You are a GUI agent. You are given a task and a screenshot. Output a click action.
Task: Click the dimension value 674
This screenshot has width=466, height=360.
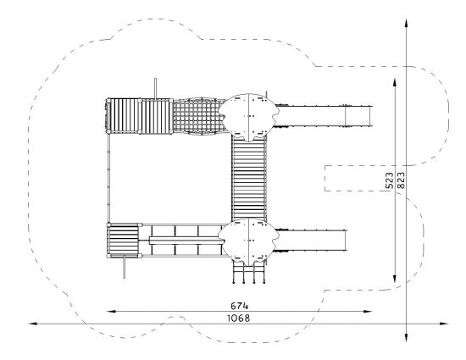tap(239, 305)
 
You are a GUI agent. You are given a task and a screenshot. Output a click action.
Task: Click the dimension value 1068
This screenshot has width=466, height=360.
tap(239, 318)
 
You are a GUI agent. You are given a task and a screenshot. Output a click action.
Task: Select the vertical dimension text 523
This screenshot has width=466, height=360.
tap(390, 180)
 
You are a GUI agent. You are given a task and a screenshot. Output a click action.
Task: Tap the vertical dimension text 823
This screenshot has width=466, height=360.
tap(401, 180)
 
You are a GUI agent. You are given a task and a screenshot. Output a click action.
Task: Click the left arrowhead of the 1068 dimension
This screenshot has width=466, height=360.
tap(33, 324)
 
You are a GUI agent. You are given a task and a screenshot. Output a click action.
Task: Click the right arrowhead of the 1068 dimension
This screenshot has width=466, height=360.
tap(444, 324)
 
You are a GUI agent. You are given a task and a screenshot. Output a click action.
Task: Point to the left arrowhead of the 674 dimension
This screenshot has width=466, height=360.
tap(111, 311)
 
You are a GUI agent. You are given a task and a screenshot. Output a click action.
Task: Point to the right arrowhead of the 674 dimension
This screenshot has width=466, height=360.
tap(368, 311)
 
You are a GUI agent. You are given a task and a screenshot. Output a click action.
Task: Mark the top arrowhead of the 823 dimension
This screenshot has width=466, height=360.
tap(406, 24)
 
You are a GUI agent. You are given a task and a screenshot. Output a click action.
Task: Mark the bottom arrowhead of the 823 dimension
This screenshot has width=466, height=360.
tap(406, 337)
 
